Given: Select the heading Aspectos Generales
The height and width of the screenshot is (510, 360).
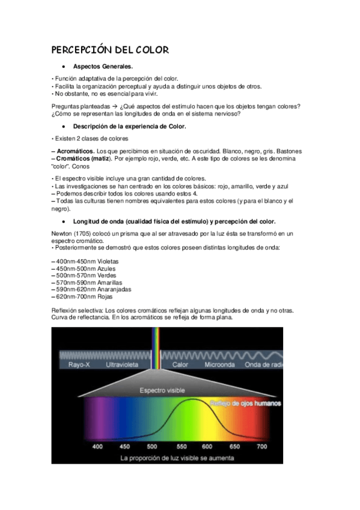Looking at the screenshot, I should coord(103,67).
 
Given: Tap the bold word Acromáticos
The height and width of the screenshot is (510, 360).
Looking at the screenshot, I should coord(75,150).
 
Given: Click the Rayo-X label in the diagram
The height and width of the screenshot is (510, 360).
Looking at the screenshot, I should coord(79,364).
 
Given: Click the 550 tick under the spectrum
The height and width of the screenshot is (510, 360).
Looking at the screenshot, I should coord(180,447).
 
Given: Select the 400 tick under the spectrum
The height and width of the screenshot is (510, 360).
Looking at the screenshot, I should coord(97,447).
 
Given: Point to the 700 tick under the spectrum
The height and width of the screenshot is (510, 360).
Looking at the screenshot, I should coord(262,447).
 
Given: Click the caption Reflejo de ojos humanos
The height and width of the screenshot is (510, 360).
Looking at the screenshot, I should coord(245,403).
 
